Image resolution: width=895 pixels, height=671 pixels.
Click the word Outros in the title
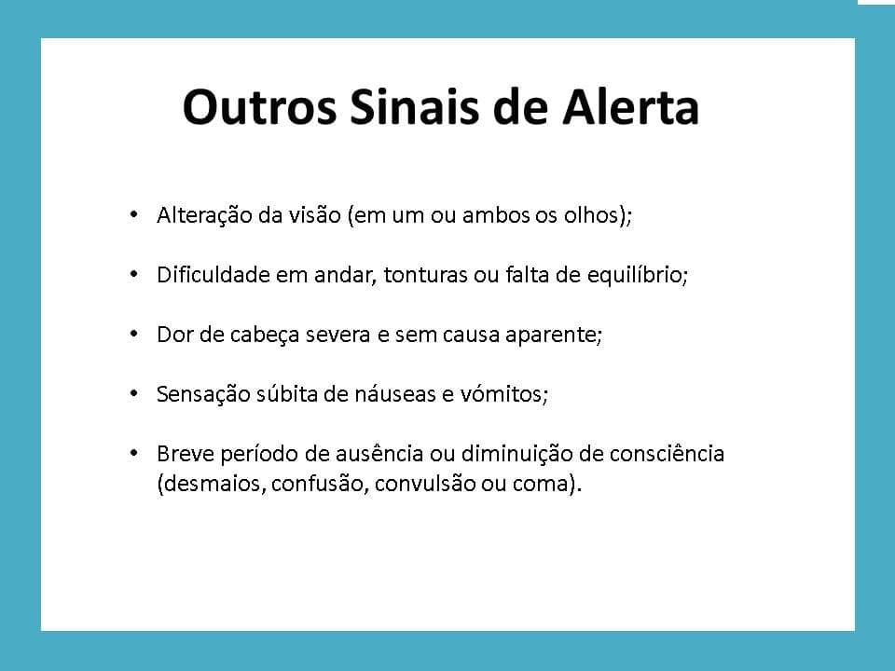(x=260, y=106)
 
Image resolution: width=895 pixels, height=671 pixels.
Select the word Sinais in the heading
(x=414, y=106)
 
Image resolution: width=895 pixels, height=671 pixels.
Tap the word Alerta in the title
(x=631, y=106)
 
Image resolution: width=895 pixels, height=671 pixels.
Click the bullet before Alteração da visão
(x=133, y=215)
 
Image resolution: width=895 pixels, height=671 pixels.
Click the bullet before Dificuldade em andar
(x=133, y=274)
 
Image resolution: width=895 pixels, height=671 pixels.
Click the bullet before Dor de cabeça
(x=133, y=334)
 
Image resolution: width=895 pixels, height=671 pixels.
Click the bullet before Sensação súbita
(x=133, y=393)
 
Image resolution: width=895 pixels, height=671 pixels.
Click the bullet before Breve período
(x=133, y=454)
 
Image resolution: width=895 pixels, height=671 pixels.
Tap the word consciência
(x=667, y=454)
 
